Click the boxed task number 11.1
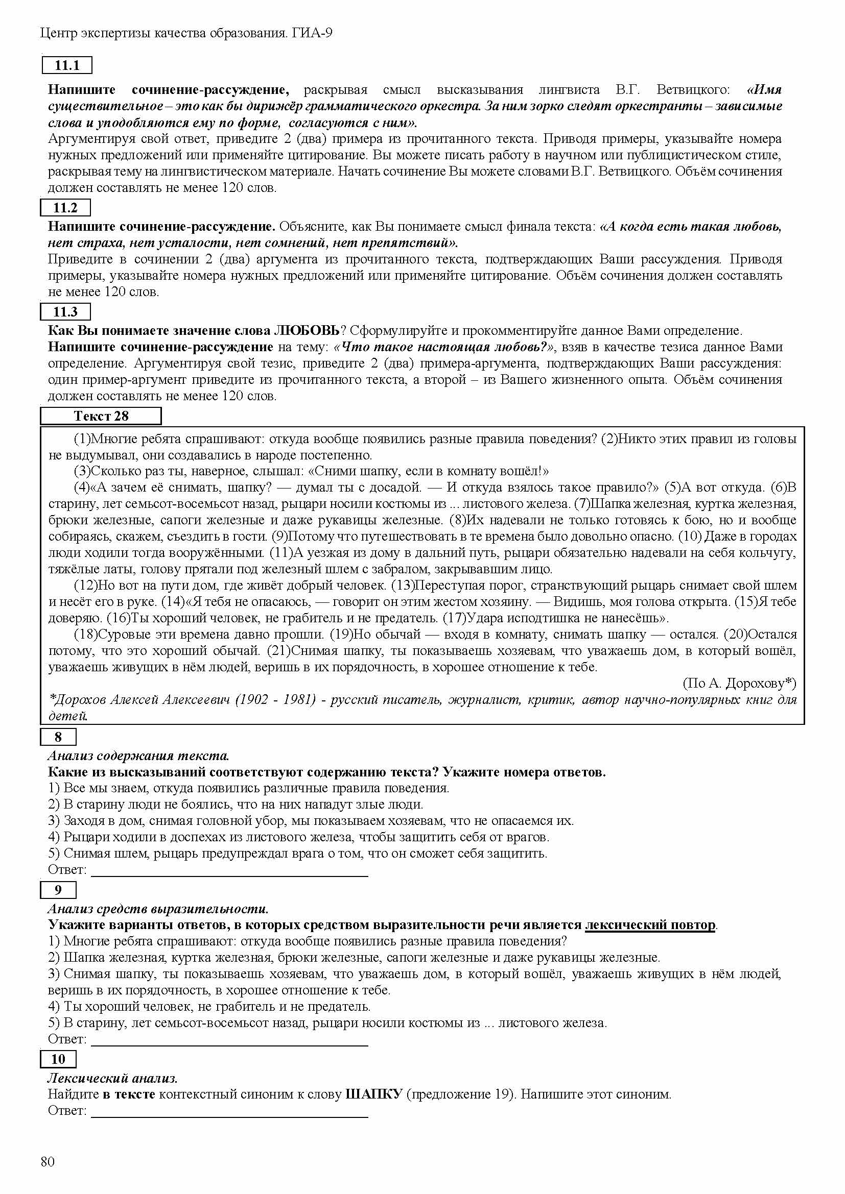(66, 65)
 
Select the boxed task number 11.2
(65, 208)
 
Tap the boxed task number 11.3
(65, 312)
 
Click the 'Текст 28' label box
(101, 416)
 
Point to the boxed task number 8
(58, 737)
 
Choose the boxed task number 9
(58, 890)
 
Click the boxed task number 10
(58, 1059)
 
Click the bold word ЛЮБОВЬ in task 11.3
(307, 331)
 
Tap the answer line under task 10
(229, 1111)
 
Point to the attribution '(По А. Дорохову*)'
(739, 684)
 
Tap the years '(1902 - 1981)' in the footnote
(275, 700)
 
